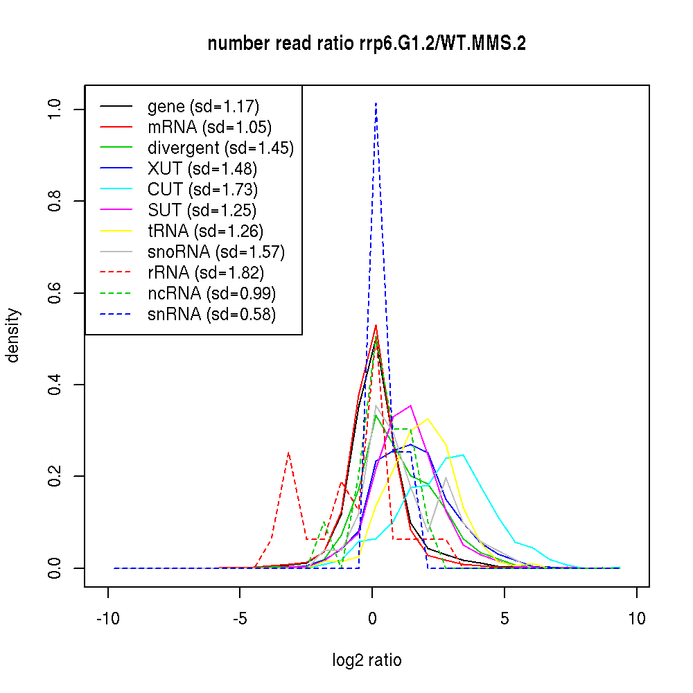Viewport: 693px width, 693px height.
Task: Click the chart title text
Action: (x=367, y=44)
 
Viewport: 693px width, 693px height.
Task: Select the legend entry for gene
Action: (x=203, y=107)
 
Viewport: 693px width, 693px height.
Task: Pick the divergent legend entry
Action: (x=220, y=148)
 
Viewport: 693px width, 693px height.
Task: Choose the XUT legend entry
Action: (x=202, y=169)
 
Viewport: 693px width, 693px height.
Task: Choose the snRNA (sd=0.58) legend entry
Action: (x=211, y=315)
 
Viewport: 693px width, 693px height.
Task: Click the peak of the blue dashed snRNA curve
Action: (x=376, y=103)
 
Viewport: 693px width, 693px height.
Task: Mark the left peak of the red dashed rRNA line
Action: (x=288, y=453)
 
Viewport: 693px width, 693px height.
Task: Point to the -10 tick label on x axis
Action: (x=107, y=619)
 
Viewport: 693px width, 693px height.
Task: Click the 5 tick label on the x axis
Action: (x=505, y=619)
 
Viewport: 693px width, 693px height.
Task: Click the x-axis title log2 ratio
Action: (x=367, y=660)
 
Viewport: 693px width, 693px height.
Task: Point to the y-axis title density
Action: (x=14, y=335)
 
